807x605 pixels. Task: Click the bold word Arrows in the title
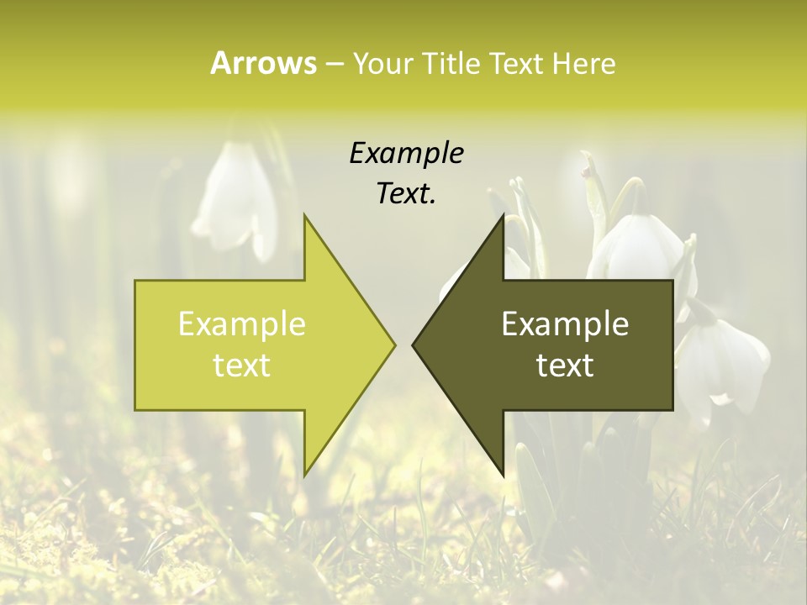click(263, 63)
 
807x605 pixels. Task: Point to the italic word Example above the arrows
click(406, 154)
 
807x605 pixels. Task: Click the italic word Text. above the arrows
click(406, 194)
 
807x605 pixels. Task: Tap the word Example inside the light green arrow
click(241, 324)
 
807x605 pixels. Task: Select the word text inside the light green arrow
click(241, 366)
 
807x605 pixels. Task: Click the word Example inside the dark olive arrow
click(565, 324)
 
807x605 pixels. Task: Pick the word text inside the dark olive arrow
click(565, 366)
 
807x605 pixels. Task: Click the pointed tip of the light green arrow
click(394, 345)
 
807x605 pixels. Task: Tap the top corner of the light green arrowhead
click(305, 216)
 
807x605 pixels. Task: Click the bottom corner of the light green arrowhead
click(305, 475)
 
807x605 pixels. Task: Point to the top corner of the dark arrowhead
click(503, 216)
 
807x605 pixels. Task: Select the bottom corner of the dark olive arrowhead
click(503, 475)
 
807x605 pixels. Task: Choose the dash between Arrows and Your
click(334, 64)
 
